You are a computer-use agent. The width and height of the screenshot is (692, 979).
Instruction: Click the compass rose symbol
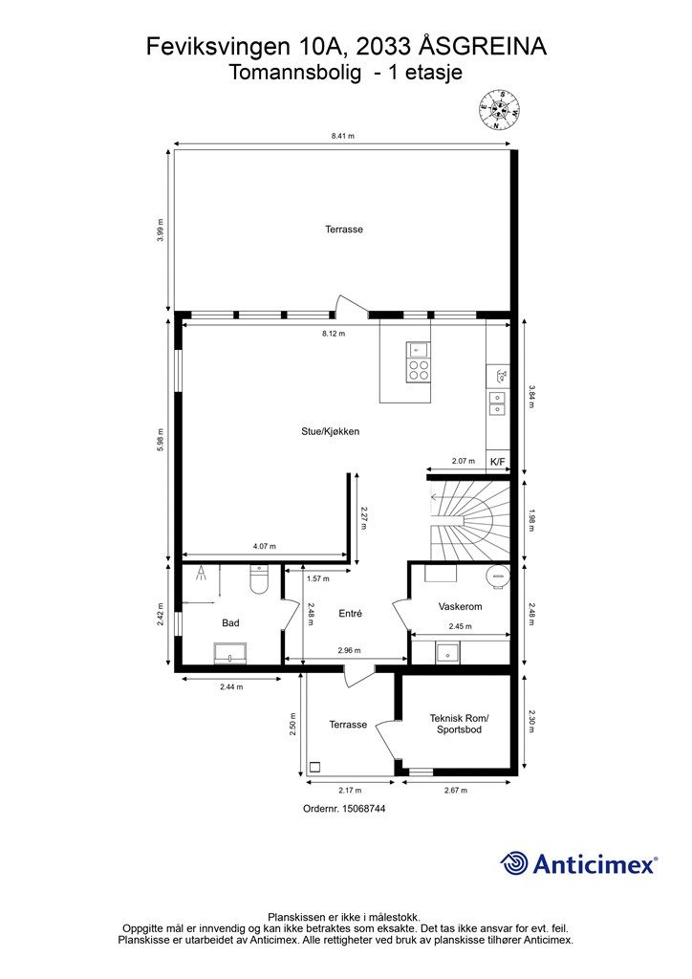[x=498, y=110]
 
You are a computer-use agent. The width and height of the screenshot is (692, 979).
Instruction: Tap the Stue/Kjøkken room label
[x=330, y=431]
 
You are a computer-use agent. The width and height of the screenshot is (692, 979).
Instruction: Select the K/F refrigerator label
[x=497, y=462]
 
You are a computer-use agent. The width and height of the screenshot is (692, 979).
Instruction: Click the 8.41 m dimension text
[x=342, y=137]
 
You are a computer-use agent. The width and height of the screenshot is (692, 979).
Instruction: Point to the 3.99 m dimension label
[x=162, y=230]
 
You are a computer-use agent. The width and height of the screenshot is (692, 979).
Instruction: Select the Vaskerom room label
[x=460, y=607]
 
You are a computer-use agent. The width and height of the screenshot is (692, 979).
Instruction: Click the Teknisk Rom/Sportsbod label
[x=460, y=723]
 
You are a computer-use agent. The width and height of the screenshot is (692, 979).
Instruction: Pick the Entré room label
[x=351, y=613]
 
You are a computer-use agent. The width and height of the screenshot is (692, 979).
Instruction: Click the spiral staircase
[x=468, y=522]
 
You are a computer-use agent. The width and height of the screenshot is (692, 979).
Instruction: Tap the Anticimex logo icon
[x=515, y=863]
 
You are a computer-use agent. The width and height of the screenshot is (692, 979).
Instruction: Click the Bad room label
[x=230, y=622]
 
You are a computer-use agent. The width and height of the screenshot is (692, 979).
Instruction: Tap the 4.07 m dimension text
[x=265, y=546]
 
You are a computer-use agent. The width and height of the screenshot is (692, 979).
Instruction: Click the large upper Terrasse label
[x=344, y=229]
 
